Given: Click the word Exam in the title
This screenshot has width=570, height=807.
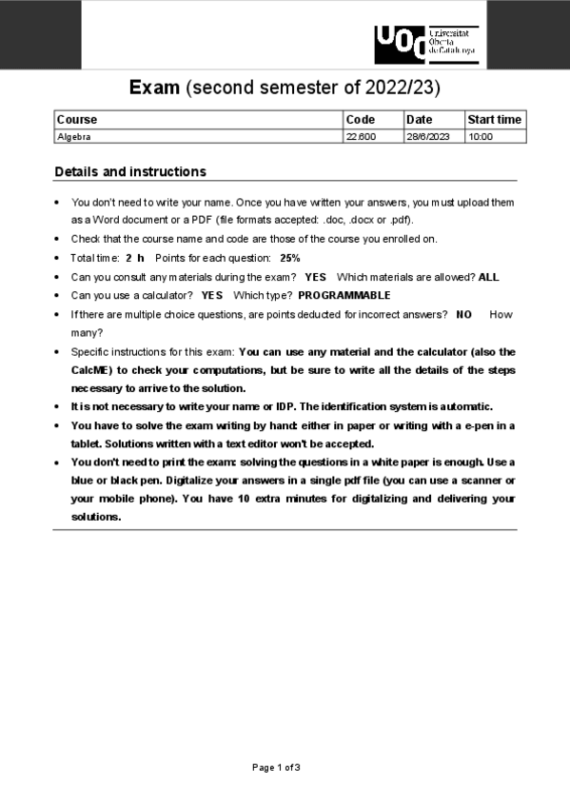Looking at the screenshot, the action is pyautogui.click(x=154, y=89).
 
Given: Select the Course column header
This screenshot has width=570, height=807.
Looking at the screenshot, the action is pyautogui.click(x=77, y=120).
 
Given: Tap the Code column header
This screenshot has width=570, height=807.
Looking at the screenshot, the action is pyautogui.click(x=361, y=120).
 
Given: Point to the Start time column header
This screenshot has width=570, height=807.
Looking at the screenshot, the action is pyautogui.click(x=494, y=120).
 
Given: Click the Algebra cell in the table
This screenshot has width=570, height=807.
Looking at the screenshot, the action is pyautogui.click(x=74, y=137).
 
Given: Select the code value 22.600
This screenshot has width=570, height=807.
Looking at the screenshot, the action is pyautogui.click(x=361, y=137).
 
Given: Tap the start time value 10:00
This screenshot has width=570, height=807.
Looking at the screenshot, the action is pyautogui.click(x=481, y=137).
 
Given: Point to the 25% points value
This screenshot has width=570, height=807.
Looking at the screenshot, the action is pyautogui.click(x=290, y=258).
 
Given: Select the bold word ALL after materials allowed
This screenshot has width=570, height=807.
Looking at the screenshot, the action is pyautogui.click(x=488, y=277).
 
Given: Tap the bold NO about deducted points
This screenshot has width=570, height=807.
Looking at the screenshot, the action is pyautogui.click(x=463, y=314).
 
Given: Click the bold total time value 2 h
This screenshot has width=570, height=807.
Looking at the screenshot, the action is pyautogui.click(x=134, y=258).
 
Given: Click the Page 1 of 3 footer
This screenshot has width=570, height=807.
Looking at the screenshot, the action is pyautogui.click(x=276, y=767).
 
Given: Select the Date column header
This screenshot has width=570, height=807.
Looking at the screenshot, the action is pyautogui.click(x=419, y=120).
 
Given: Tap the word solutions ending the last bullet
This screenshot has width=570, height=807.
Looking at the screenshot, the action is pyautogui.click(x=96, y=517).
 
